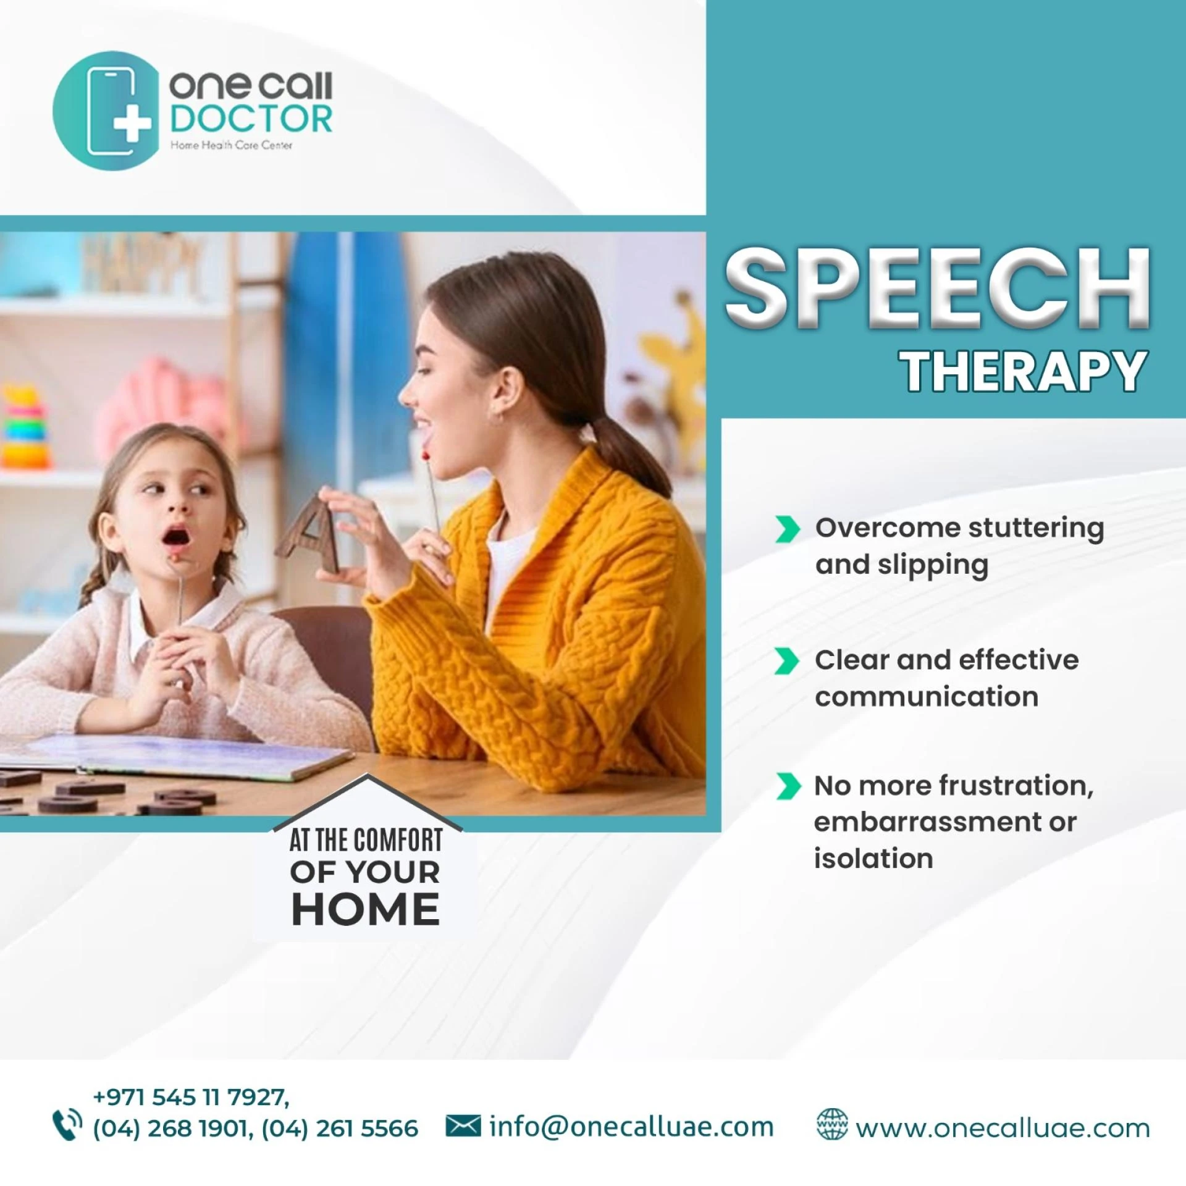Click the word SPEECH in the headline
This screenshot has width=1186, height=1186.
tap(937, 288)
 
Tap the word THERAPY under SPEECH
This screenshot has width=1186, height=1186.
tap(1025, 371)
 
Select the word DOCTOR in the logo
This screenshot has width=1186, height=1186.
tap(251, 119)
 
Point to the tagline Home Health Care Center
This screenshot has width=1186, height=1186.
tap(231, 145)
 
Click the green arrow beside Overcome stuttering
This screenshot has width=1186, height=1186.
tap(787, 529)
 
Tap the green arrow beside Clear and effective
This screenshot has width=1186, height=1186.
tap(787, 661)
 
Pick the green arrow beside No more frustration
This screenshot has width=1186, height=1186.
tap(787, 786)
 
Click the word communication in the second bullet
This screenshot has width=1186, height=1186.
tap(926, 697)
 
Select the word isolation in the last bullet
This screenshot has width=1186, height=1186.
tap(873, 859)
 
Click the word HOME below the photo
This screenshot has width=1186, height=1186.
tap(365, 910)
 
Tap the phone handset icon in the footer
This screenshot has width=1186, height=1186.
tap(67, 1125)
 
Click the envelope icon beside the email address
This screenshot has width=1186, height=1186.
tap(463, 1126)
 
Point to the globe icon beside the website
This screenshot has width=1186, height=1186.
tap(832, 1125)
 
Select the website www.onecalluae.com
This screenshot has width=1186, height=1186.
tap(1003, 1129)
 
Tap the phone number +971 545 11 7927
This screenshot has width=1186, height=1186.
tap(190, 1097)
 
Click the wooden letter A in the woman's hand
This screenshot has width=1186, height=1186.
tap(309, 534)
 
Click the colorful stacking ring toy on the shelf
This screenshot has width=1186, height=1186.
tap(25, 427)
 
